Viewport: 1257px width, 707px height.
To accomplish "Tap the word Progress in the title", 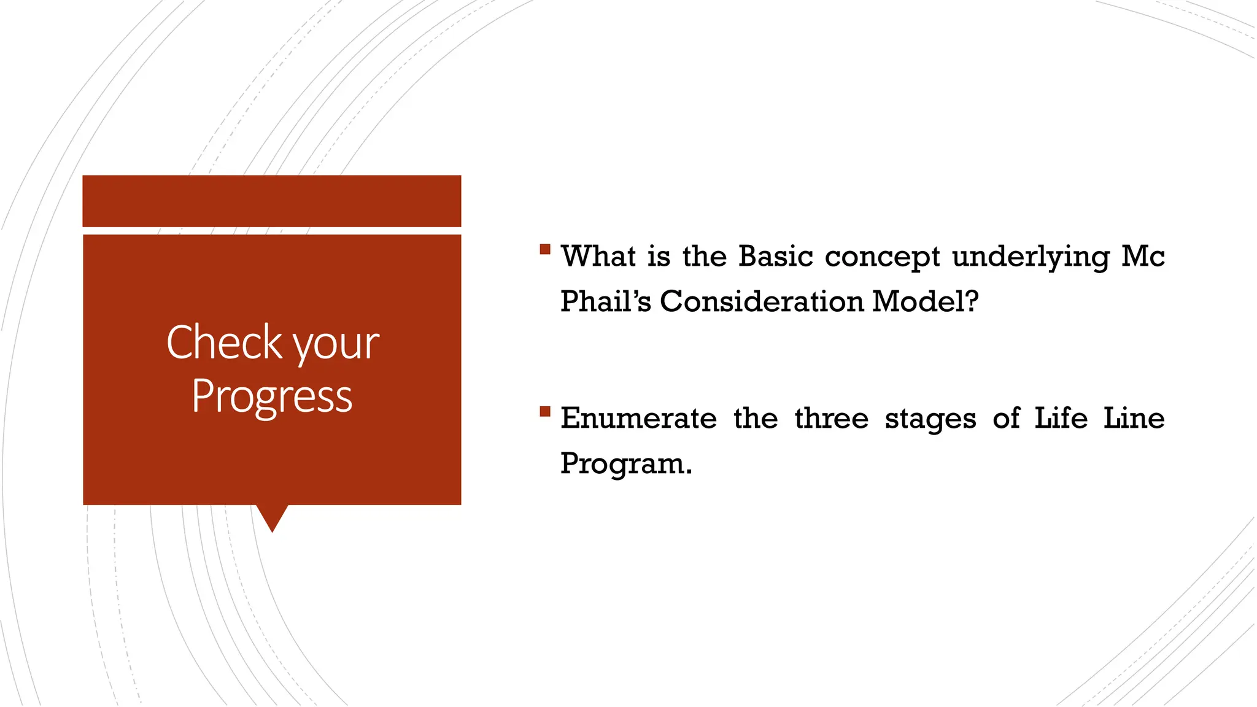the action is click(272, 397).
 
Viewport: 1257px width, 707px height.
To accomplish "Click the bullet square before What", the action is click(545, 249).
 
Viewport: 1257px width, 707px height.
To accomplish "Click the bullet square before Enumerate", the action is click(545, 411).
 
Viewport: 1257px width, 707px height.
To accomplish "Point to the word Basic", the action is click(776, 256).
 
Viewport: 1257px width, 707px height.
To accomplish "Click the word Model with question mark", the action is click(925, 301).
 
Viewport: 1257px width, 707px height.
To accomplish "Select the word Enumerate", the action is click(638, 419).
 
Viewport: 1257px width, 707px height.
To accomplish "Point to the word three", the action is click(832, 419).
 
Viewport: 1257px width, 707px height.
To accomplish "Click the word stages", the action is click(930, 421).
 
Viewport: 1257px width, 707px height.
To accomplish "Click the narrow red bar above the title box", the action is click(272, 201).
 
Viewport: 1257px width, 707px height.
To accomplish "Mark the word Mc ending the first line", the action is click(1143, 257).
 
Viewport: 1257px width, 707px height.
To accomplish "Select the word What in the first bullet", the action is click(598, 256).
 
